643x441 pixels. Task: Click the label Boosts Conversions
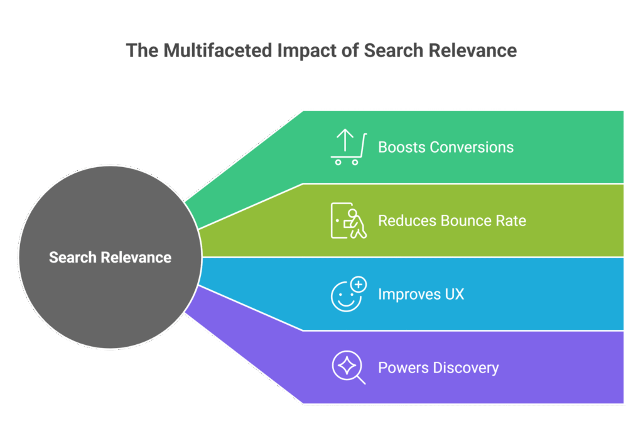click(445, 148)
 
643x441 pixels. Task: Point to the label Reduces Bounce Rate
click(451, 221)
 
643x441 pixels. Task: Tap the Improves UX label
click(421, 294)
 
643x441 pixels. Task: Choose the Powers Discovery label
click(438, 367)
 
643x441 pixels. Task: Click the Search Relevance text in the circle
click(110, 257)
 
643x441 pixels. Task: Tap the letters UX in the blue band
click(454, 294)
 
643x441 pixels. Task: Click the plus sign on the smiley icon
click(359, 285)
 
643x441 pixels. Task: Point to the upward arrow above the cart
click(343, 139)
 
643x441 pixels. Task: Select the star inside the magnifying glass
click(346, 365)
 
